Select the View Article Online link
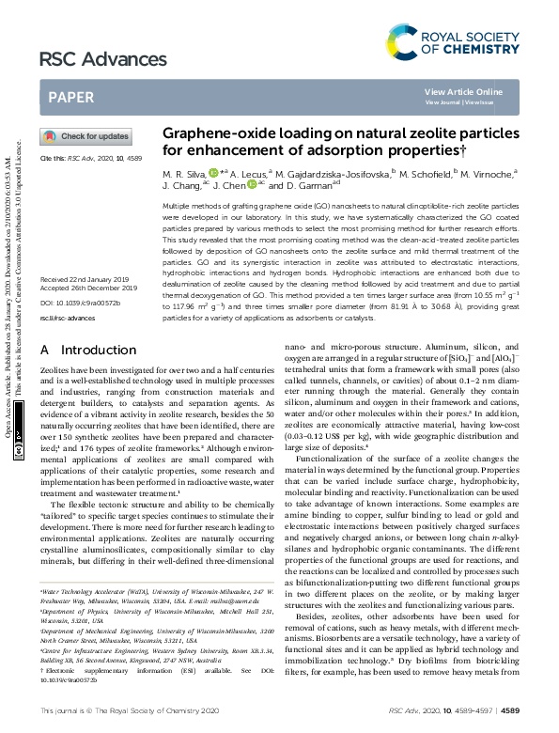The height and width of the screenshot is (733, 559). pos(463,91)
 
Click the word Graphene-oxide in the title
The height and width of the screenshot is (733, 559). pos(211,134)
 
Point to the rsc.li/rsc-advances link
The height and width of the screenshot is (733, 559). pos(67,292)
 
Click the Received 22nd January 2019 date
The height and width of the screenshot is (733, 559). pos(85,254)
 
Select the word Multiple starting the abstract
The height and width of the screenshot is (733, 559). pos(179,204)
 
